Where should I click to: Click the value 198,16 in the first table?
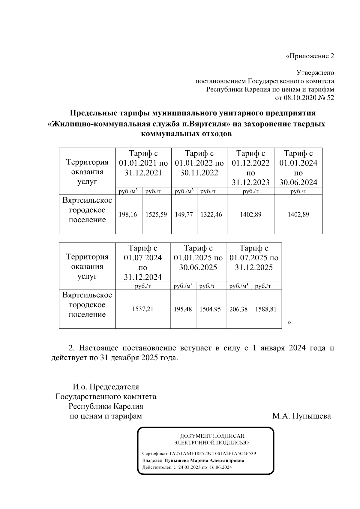128,215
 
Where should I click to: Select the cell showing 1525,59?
156,215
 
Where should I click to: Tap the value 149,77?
184,215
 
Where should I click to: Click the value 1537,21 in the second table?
143,309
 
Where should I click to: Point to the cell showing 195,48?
183,309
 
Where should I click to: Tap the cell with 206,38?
238,309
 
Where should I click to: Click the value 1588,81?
266,309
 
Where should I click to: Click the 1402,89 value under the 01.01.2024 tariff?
298,215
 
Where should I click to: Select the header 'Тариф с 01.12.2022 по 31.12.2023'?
250,168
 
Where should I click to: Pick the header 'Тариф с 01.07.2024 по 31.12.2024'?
143,262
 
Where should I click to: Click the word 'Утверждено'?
315,73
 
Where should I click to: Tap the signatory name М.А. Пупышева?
301,416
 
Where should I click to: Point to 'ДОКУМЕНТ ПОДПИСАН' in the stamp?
212,436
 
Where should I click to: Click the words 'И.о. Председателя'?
106,387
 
